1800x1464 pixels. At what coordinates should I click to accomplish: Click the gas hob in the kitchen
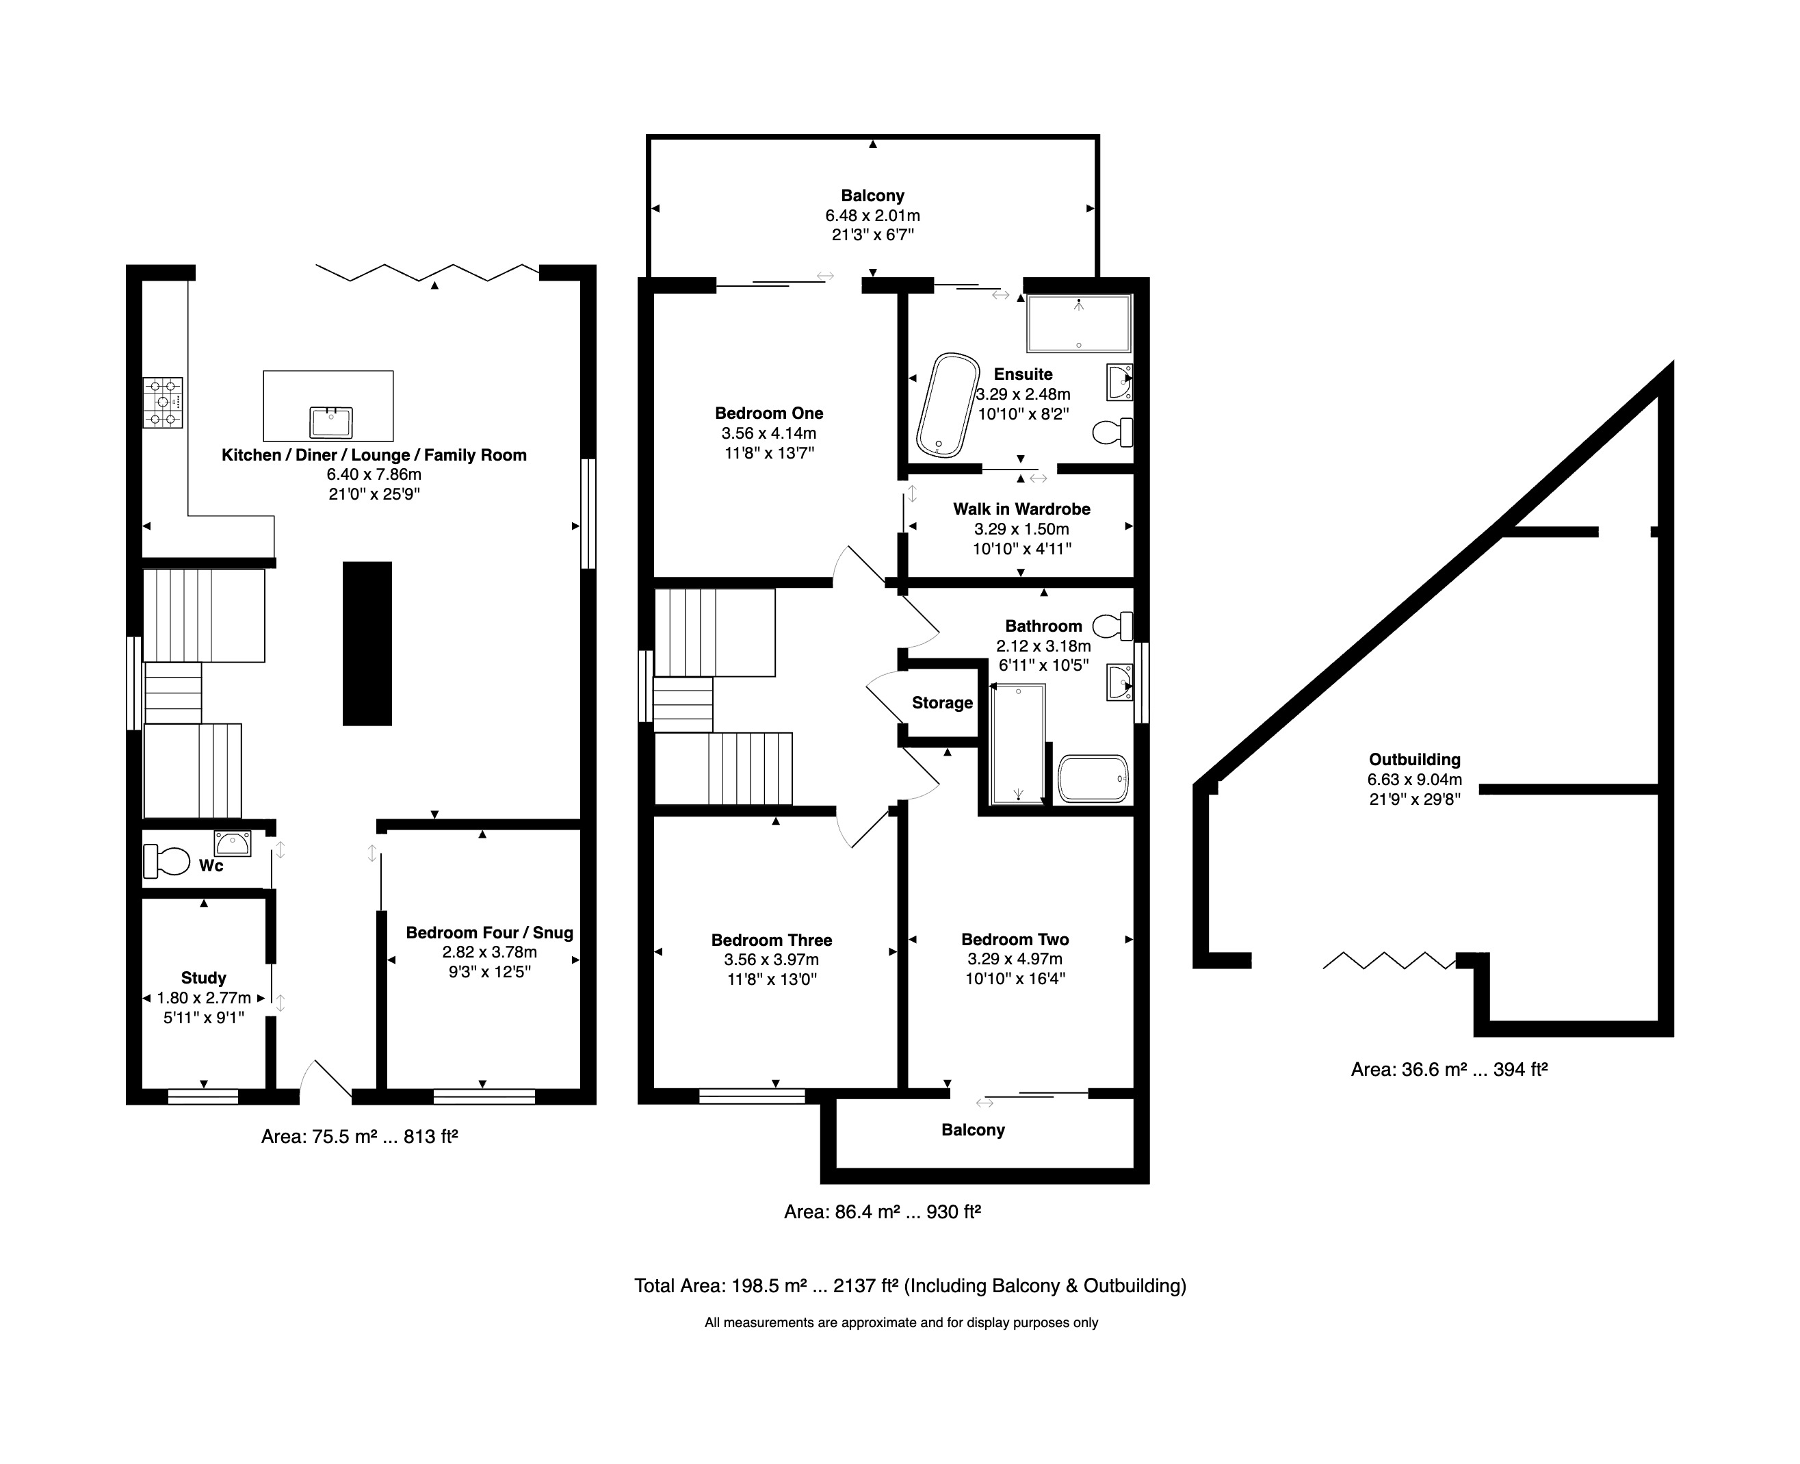[163, 403]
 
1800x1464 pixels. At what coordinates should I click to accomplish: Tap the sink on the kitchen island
[331, 422]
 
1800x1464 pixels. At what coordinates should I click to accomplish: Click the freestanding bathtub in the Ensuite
[948, 406]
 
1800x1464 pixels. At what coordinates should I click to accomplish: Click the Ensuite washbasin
[1119, 383]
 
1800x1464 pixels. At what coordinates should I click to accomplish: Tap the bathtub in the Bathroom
[1093, 778]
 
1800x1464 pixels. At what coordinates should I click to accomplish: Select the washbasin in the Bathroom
[1120, 682]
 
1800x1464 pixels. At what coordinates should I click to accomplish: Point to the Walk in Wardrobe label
[1022, 509]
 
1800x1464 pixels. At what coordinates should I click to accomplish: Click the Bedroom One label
[769, 413]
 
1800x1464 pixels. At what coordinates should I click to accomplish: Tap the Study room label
[204, 978]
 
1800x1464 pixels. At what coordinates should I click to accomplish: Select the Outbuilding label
[1415, 760]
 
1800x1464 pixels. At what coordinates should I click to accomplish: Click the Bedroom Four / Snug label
[490, 933]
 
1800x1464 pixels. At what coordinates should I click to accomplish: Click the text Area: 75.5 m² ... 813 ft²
[359, 1137]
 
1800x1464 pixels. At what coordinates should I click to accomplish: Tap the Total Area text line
[911, 1286]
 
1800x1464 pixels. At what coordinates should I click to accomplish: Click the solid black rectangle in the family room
[367, 643]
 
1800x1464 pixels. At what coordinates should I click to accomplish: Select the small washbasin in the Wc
[233, 843]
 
